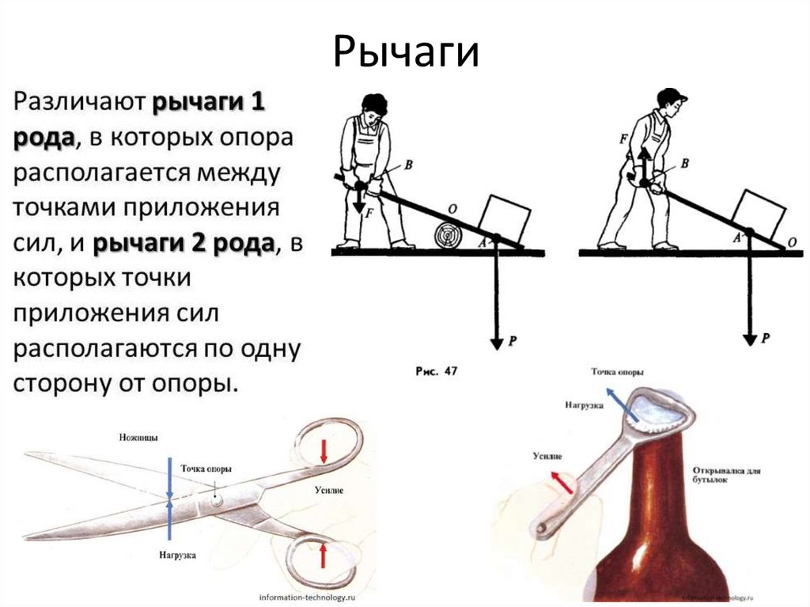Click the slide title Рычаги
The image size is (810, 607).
pyautogui.click(x=406, y=53)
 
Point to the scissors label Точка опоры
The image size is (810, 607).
pyautogui.click(x=206, y=469)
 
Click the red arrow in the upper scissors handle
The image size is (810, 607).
pyautogui.click(x=323, y=450)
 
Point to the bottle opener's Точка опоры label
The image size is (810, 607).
pyautogui.click(x=616, y=372)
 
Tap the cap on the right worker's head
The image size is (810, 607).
pyautogui.click(x=672, y=95)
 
